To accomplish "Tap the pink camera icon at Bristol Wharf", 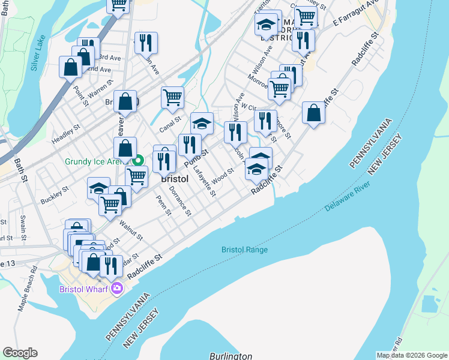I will [x=116, y=289].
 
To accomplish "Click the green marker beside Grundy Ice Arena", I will [x=138, y=160].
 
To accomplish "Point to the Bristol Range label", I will [x=244, y=250].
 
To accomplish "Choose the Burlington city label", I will [x=231, y=356].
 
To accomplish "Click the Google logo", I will [x=20, y=353].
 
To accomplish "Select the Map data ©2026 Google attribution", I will [x=411, y=355].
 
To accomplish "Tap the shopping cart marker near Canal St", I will [x=172, y=97].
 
